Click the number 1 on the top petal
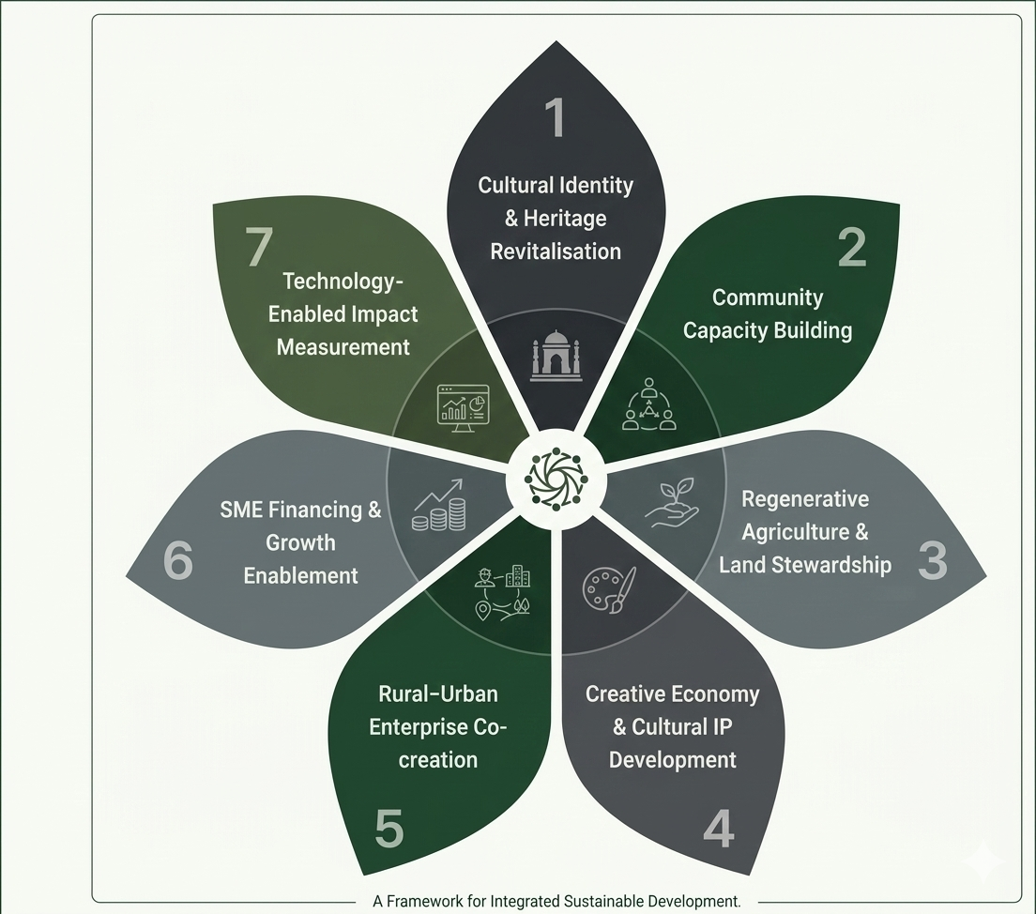pos(556,117)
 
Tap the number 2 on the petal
pos(852,247)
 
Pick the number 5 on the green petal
pos(388,829)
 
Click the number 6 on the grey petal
pos(177,562)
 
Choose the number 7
pos(260,249)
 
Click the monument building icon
pos(556,356)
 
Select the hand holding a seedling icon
pos(672,503)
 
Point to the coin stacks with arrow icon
pos(439,507)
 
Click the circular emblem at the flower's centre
pos(555,480)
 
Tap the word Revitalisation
pos(556,251)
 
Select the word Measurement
pos(343,347)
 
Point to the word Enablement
pos(300,575)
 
